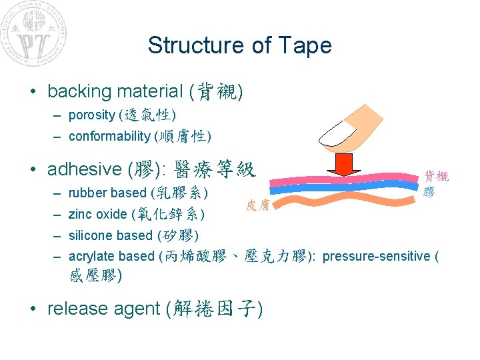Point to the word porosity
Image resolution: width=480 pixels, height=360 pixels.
91,115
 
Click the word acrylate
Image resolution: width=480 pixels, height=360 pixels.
90,256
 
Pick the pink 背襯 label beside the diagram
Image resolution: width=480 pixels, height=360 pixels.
437,177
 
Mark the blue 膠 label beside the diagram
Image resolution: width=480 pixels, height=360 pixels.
429,192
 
